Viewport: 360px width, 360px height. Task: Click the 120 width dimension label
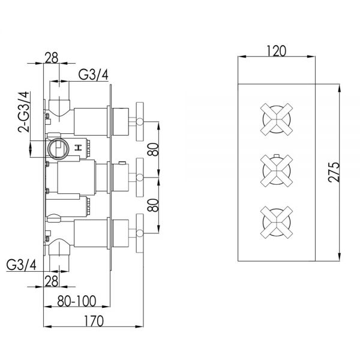coord(276,51)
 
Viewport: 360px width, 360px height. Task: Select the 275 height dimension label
coord(334,172)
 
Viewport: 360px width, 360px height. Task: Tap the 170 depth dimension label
coord(94,321)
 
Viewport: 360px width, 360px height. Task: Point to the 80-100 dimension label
coord(76,301)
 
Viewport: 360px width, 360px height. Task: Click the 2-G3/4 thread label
coord(24,112)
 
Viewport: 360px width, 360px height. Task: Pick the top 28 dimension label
coord(52,58)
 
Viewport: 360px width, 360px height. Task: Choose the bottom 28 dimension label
coord(52,281)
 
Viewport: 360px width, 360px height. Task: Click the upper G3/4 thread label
coord(93,74)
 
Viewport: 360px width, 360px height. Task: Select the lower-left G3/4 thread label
coord(21,265)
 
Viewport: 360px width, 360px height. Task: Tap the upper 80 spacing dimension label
coord(153,149)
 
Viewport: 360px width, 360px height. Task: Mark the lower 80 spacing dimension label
coord(153,205)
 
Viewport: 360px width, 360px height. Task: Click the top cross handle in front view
coord(277,119)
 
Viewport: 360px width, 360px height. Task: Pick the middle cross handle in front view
coord(277,170)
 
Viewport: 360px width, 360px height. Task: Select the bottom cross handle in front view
coord(277,222)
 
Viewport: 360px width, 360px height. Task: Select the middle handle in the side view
coord(140,177)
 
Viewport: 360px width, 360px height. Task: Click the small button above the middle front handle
coord(277,155)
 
